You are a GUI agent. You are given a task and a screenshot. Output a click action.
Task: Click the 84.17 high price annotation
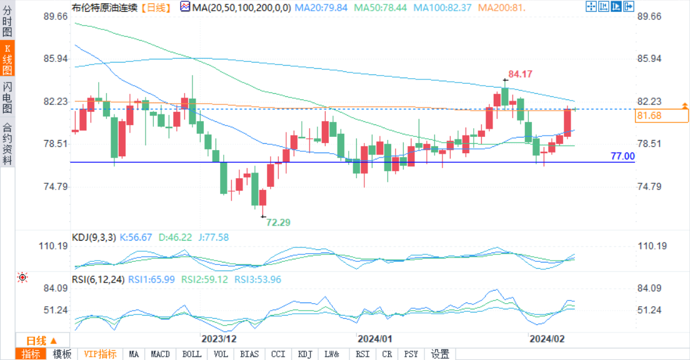coord(520,74)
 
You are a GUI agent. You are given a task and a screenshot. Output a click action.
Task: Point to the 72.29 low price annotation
coord(278,222)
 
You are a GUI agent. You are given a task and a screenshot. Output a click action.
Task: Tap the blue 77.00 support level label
coord(622,156)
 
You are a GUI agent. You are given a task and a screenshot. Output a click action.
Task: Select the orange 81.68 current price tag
coord(649,116)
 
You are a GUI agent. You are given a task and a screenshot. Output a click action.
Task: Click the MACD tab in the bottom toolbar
coord(161,354)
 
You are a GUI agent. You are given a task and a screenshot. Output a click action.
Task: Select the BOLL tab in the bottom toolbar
coord(192,354)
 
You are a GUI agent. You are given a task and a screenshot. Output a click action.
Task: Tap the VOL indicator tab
coord(221,354)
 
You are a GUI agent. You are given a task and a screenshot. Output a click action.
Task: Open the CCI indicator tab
coord(278,354)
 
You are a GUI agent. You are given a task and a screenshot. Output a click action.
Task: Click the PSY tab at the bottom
coord(411,354)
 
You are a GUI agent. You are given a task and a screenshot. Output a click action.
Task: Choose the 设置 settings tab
coord(440,354)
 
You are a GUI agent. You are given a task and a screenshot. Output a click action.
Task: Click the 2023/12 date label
coord(219,339)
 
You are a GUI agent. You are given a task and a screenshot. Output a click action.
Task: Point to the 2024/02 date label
coord(547,339)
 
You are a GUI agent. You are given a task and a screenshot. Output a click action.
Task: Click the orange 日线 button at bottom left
coord(41,341)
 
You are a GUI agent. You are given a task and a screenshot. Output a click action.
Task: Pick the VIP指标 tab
coord(100,354)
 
